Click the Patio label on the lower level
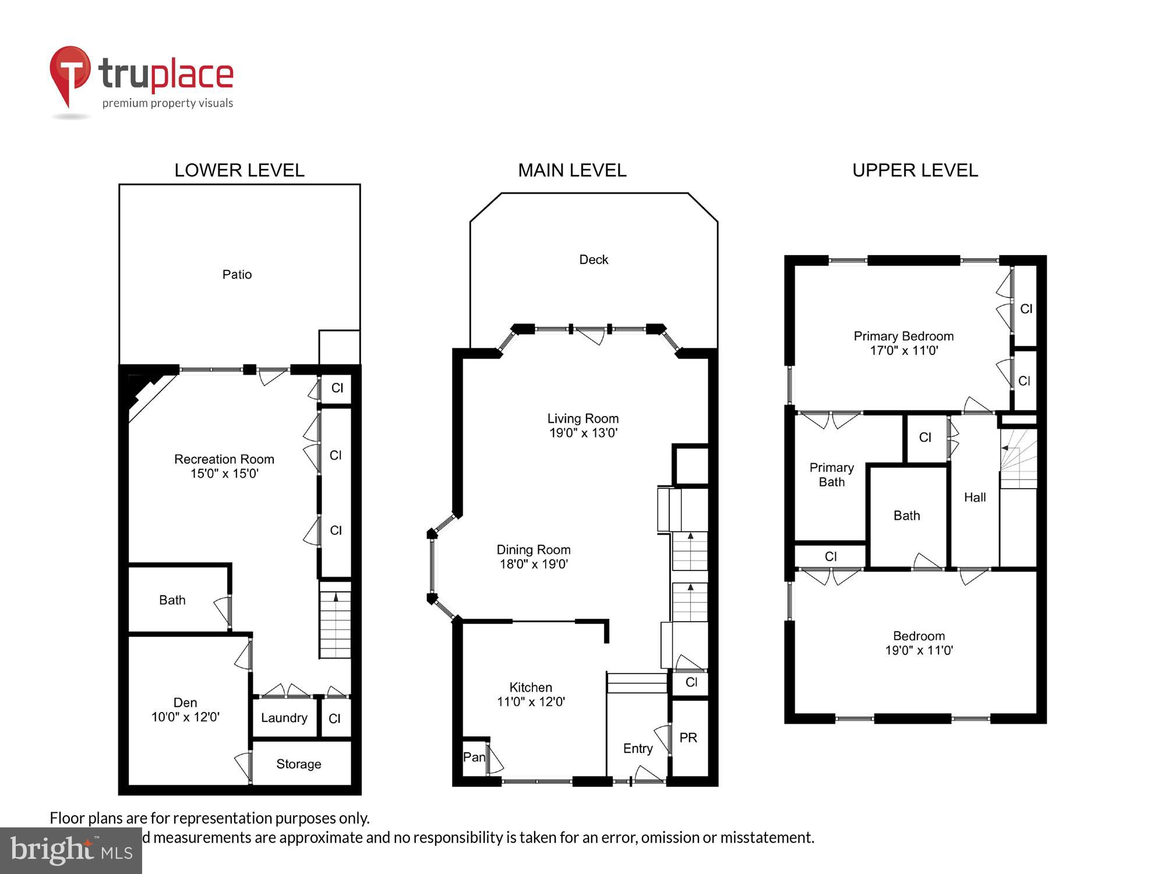click(236, 274)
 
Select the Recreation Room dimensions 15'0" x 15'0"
click(224, 474)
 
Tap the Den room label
click(185, 703)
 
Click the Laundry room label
click(284, 718)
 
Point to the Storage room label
click(298, 764)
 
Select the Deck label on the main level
click(594, 260)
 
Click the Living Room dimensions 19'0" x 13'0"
click(583, 433)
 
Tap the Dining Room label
click(533, 549)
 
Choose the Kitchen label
click(530, 688)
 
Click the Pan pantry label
click(474, 757)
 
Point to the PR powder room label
click(688, 738)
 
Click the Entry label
click(637, 749)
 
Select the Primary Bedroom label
click(903, 336)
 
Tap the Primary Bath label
click(831, 475)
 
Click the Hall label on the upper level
click(975, 498)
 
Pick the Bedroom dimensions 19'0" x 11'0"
click(919, 651)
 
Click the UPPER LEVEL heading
click(915, 170)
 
